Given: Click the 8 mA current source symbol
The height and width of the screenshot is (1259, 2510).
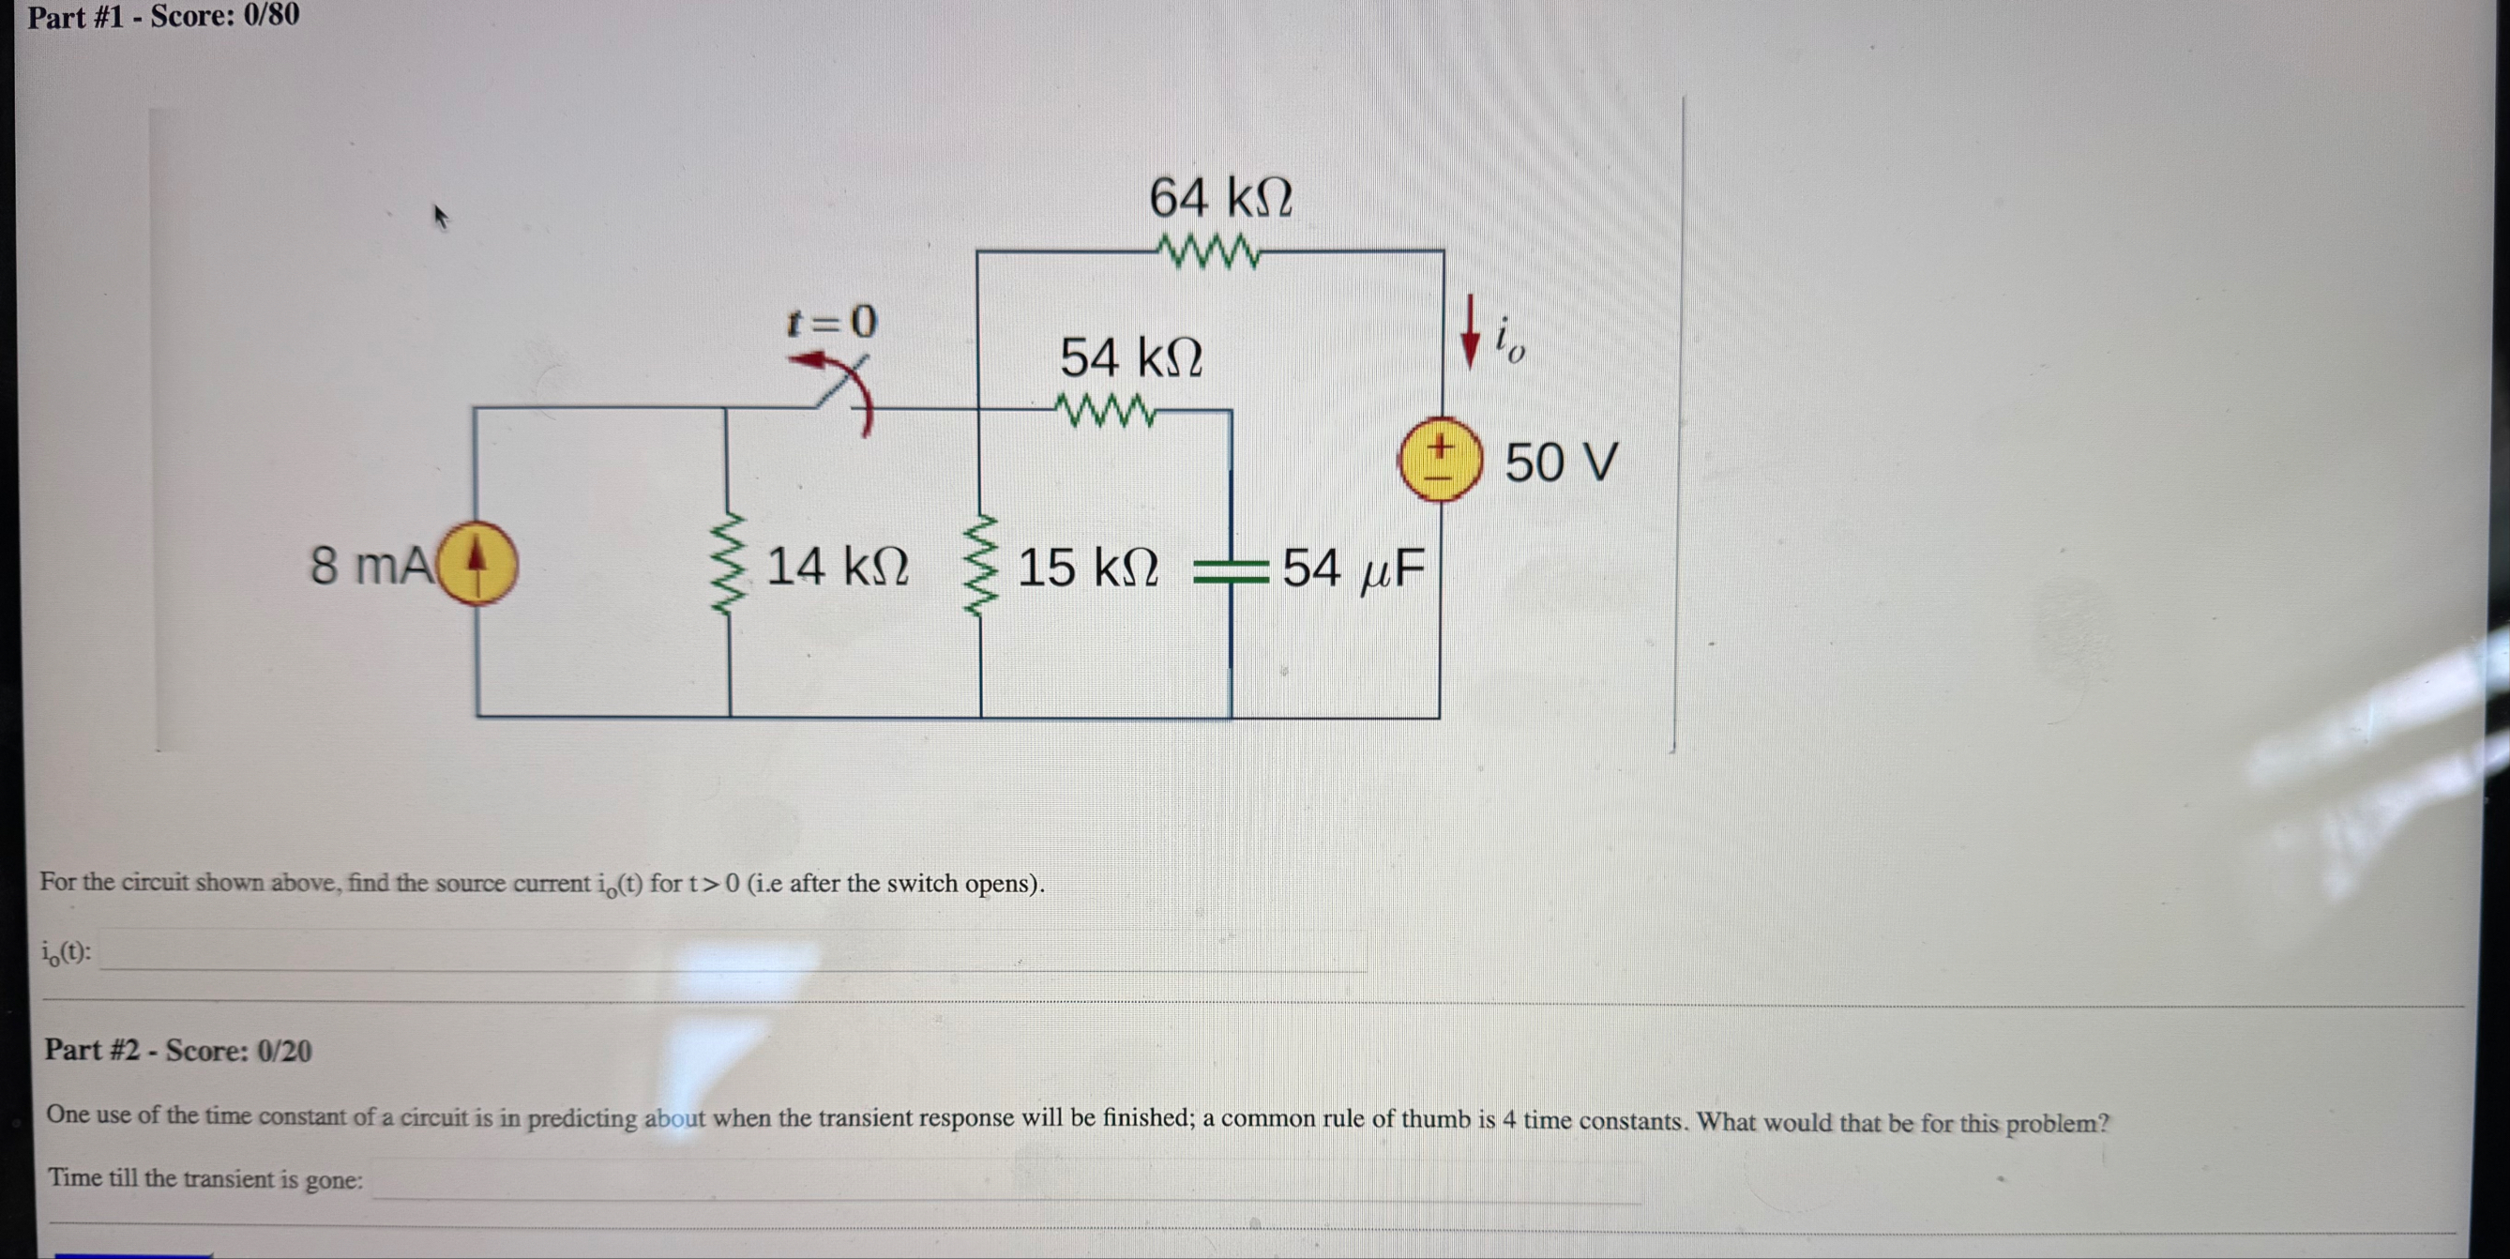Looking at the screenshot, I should point(476,564).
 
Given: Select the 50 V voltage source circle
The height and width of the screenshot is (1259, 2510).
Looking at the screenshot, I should point(1440,459).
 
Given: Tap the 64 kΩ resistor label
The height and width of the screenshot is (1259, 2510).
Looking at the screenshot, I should point(1220,198).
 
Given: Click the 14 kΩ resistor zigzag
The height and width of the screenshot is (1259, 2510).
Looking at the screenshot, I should point(731,565).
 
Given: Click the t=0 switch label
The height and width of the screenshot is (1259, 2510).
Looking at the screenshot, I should point(831,321).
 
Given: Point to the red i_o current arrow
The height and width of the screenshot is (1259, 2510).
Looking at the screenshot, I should point(1470,333).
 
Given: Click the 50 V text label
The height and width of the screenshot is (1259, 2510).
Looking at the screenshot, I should point(1560,462).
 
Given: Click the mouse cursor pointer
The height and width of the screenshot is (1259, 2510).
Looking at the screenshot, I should point(441,217).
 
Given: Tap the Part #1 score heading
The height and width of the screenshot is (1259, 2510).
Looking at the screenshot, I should point(162,16).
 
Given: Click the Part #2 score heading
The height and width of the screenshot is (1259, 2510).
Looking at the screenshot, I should point(177,1051).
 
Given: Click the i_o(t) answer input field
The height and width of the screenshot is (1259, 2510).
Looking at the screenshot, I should point(731,951).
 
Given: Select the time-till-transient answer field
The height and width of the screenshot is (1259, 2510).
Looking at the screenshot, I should point(1004,1180).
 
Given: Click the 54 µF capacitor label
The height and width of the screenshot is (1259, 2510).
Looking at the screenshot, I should point(1353,569).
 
